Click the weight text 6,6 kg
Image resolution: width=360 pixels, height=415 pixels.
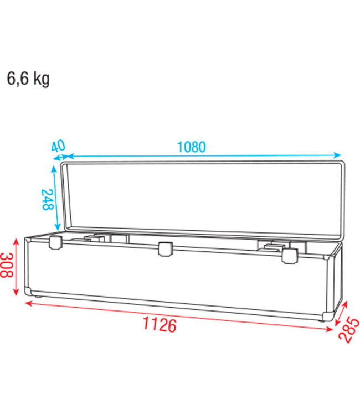28,79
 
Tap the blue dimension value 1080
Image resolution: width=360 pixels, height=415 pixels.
191,147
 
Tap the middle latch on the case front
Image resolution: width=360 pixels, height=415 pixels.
164,250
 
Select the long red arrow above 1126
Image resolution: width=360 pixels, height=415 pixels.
177,315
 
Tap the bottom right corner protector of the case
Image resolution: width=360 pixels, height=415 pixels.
328,317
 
